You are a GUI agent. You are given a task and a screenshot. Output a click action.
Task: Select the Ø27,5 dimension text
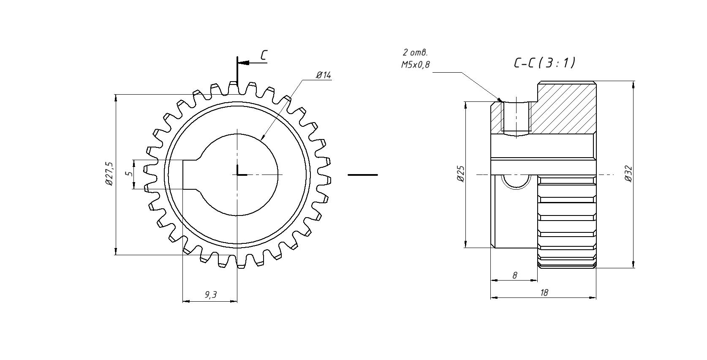(109, 174)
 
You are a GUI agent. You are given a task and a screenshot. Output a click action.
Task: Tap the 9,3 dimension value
(210, 295)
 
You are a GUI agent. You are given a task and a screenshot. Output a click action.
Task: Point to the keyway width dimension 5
(130, 173)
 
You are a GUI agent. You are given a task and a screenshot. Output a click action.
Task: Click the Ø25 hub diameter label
(461, 174)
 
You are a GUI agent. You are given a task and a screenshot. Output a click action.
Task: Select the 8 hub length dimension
(514, 275)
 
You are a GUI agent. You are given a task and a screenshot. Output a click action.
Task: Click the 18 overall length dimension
(544, 292)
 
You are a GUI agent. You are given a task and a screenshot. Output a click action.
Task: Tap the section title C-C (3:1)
(544, 63)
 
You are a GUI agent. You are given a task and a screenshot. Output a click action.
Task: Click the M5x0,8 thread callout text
(416, 65)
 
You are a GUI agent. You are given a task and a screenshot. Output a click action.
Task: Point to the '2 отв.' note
(415, 53)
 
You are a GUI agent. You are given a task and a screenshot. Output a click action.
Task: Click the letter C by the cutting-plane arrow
(264, 55)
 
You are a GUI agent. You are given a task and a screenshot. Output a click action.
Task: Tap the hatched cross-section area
(566, 108)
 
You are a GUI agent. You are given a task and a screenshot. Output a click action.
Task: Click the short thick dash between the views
(362, 175)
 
